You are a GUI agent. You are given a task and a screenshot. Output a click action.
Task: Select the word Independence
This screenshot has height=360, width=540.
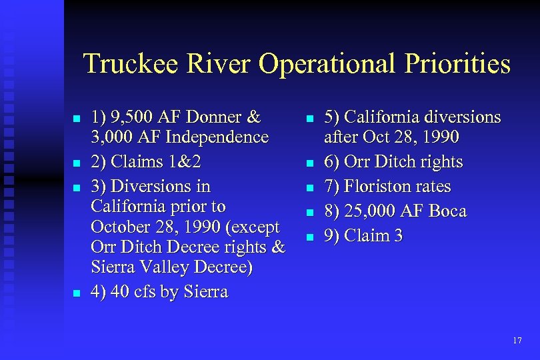(x=219, y=138)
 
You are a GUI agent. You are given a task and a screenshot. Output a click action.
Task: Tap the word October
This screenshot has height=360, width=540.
(x=120, y=227)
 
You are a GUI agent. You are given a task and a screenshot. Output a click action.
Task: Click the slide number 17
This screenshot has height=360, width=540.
(x=517, y=341)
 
